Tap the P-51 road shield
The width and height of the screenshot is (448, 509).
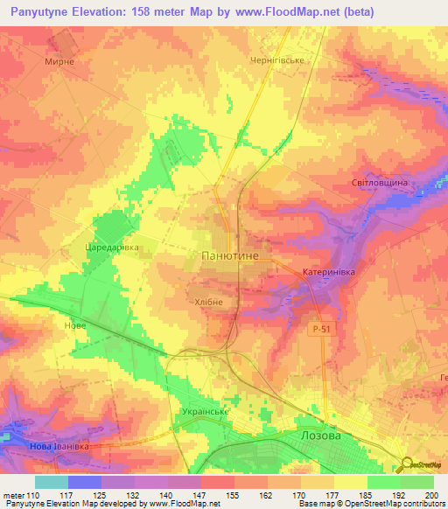pos(322,328)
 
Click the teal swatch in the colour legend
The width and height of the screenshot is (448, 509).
pos(51,482)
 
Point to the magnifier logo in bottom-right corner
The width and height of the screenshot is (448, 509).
pos(408,464)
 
